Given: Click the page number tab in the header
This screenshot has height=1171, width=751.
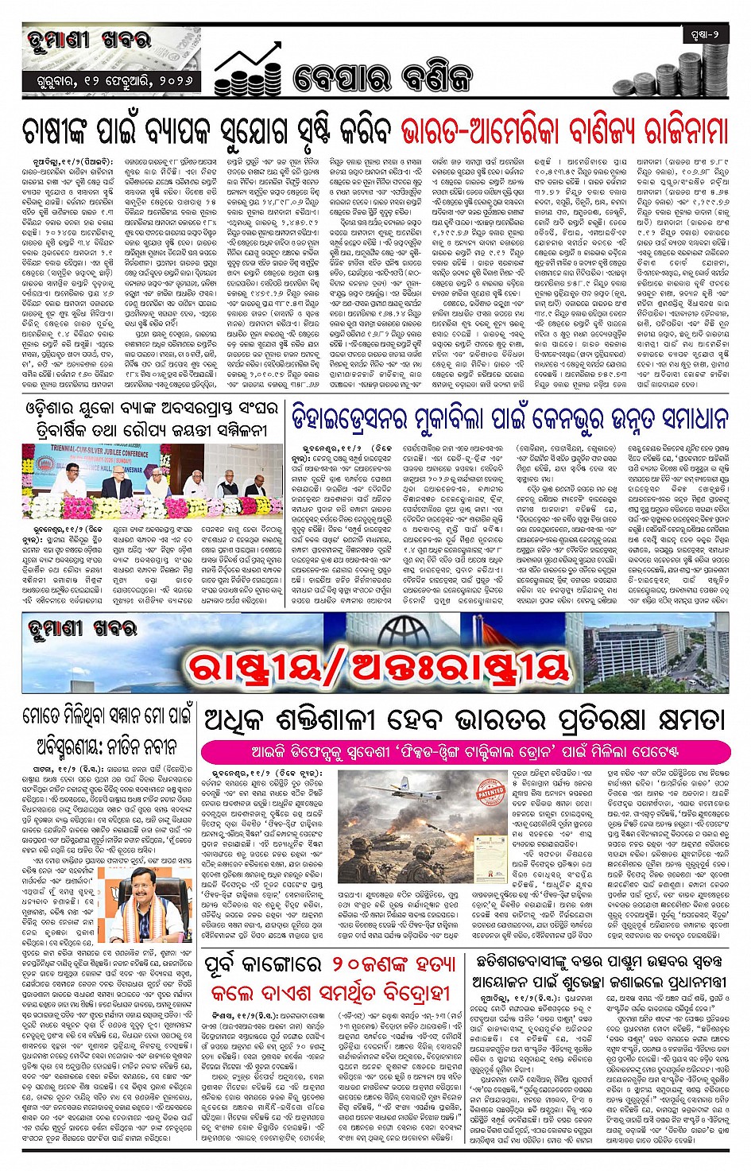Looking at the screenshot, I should click(x=704, y=34).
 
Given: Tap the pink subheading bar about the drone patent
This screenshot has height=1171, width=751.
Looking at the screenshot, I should click(x=464, y=751).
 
